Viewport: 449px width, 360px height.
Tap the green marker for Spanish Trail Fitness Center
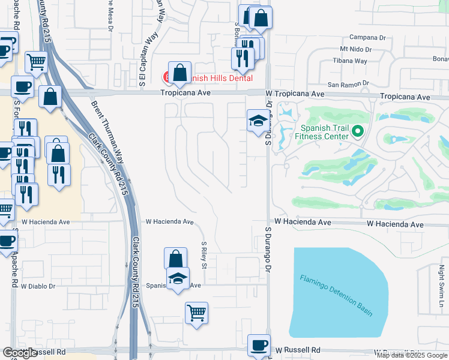[358, 130]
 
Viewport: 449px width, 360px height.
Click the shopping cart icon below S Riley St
[196, 313]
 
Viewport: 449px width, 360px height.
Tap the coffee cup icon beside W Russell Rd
[259, 346]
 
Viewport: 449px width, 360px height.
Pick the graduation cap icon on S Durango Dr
[258, 120]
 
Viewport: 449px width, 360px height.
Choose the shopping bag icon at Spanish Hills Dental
[179, 73]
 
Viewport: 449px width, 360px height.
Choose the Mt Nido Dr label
[356, 49]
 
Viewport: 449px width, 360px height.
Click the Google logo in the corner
[20, 353]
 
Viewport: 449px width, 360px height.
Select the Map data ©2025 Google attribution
[412, 356]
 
